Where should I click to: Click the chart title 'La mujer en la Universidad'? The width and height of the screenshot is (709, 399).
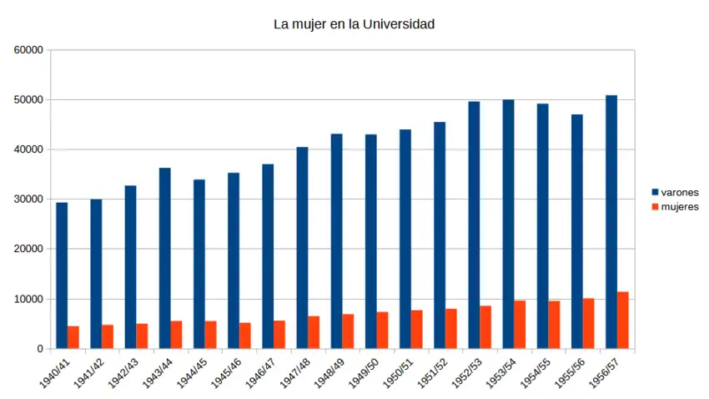tap(354, 24)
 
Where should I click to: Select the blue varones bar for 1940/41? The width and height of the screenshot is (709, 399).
tap(62, 275)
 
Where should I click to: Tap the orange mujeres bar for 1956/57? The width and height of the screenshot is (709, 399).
tap(622, 320)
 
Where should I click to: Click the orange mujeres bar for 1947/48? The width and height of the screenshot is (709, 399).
tap(314, 332)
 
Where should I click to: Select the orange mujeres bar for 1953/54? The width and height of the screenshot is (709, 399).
tap(520, 324)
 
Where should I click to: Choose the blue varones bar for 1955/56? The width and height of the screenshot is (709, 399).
tap(577, 231)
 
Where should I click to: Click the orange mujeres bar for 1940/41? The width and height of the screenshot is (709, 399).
tap(73, 337)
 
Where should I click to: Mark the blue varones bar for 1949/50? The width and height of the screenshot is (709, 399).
tap(371, 241)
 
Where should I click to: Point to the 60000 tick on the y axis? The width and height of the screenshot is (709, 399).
tap(29, 50)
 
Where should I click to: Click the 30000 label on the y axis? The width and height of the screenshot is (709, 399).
tap(29, 199)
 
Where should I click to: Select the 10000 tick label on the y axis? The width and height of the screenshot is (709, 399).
tap(29, 299)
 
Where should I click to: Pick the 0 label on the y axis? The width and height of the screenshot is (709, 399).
tap(40, 349)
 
